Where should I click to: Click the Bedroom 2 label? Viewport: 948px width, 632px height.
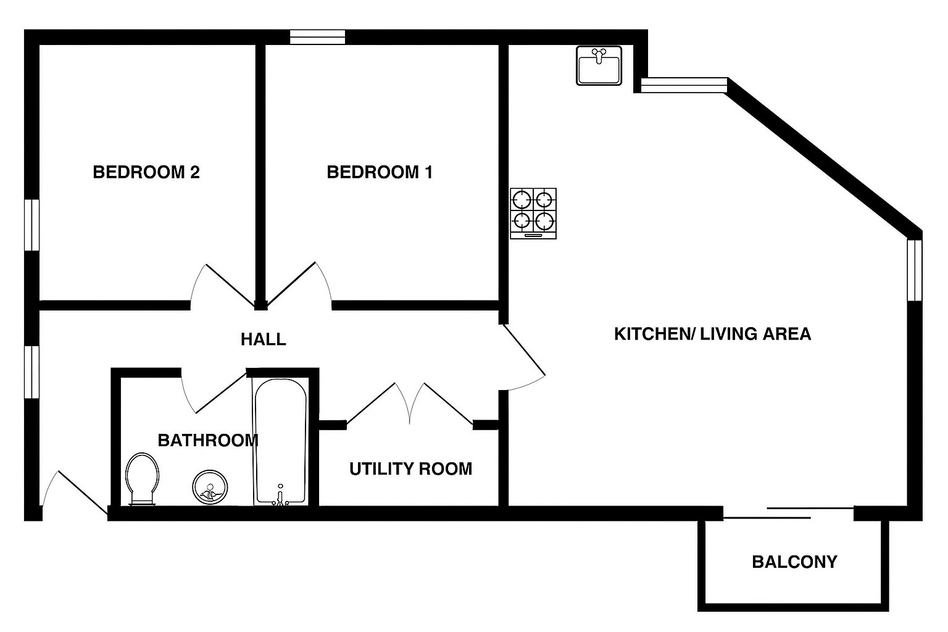146,172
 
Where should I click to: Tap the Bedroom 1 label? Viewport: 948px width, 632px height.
380,172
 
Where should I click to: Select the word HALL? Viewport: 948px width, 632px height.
264,339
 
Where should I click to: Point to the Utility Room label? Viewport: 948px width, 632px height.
410,468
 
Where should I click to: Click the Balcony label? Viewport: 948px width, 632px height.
794,562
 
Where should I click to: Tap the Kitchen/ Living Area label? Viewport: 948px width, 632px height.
713,334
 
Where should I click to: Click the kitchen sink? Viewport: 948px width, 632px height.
599,65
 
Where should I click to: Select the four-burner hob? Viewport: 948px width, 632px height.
533,214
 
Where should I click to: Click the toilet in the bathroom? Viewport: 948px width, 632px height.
143,479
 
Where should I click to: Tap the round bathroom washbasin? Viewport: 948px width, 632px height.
210,487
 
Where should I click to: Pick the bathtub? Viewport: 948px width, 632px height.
280,441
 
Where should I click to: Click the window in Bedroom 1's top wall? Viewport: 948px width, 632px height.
317,37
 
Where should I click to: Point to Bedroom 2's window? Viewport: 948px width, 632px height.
31,225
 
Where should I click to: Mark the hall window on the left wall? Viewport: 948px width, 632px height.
31,372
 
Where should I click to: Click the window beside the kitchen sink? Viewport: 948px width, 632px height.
684,85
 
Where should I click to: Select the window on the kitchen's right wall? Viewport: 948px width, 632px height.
915,270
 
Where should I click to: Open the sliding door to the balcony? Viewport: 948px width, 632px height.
788,513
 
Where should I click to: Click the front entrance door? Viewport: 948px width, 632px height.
75,493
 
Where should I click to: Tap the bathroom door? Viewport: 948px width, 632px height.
214,391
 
